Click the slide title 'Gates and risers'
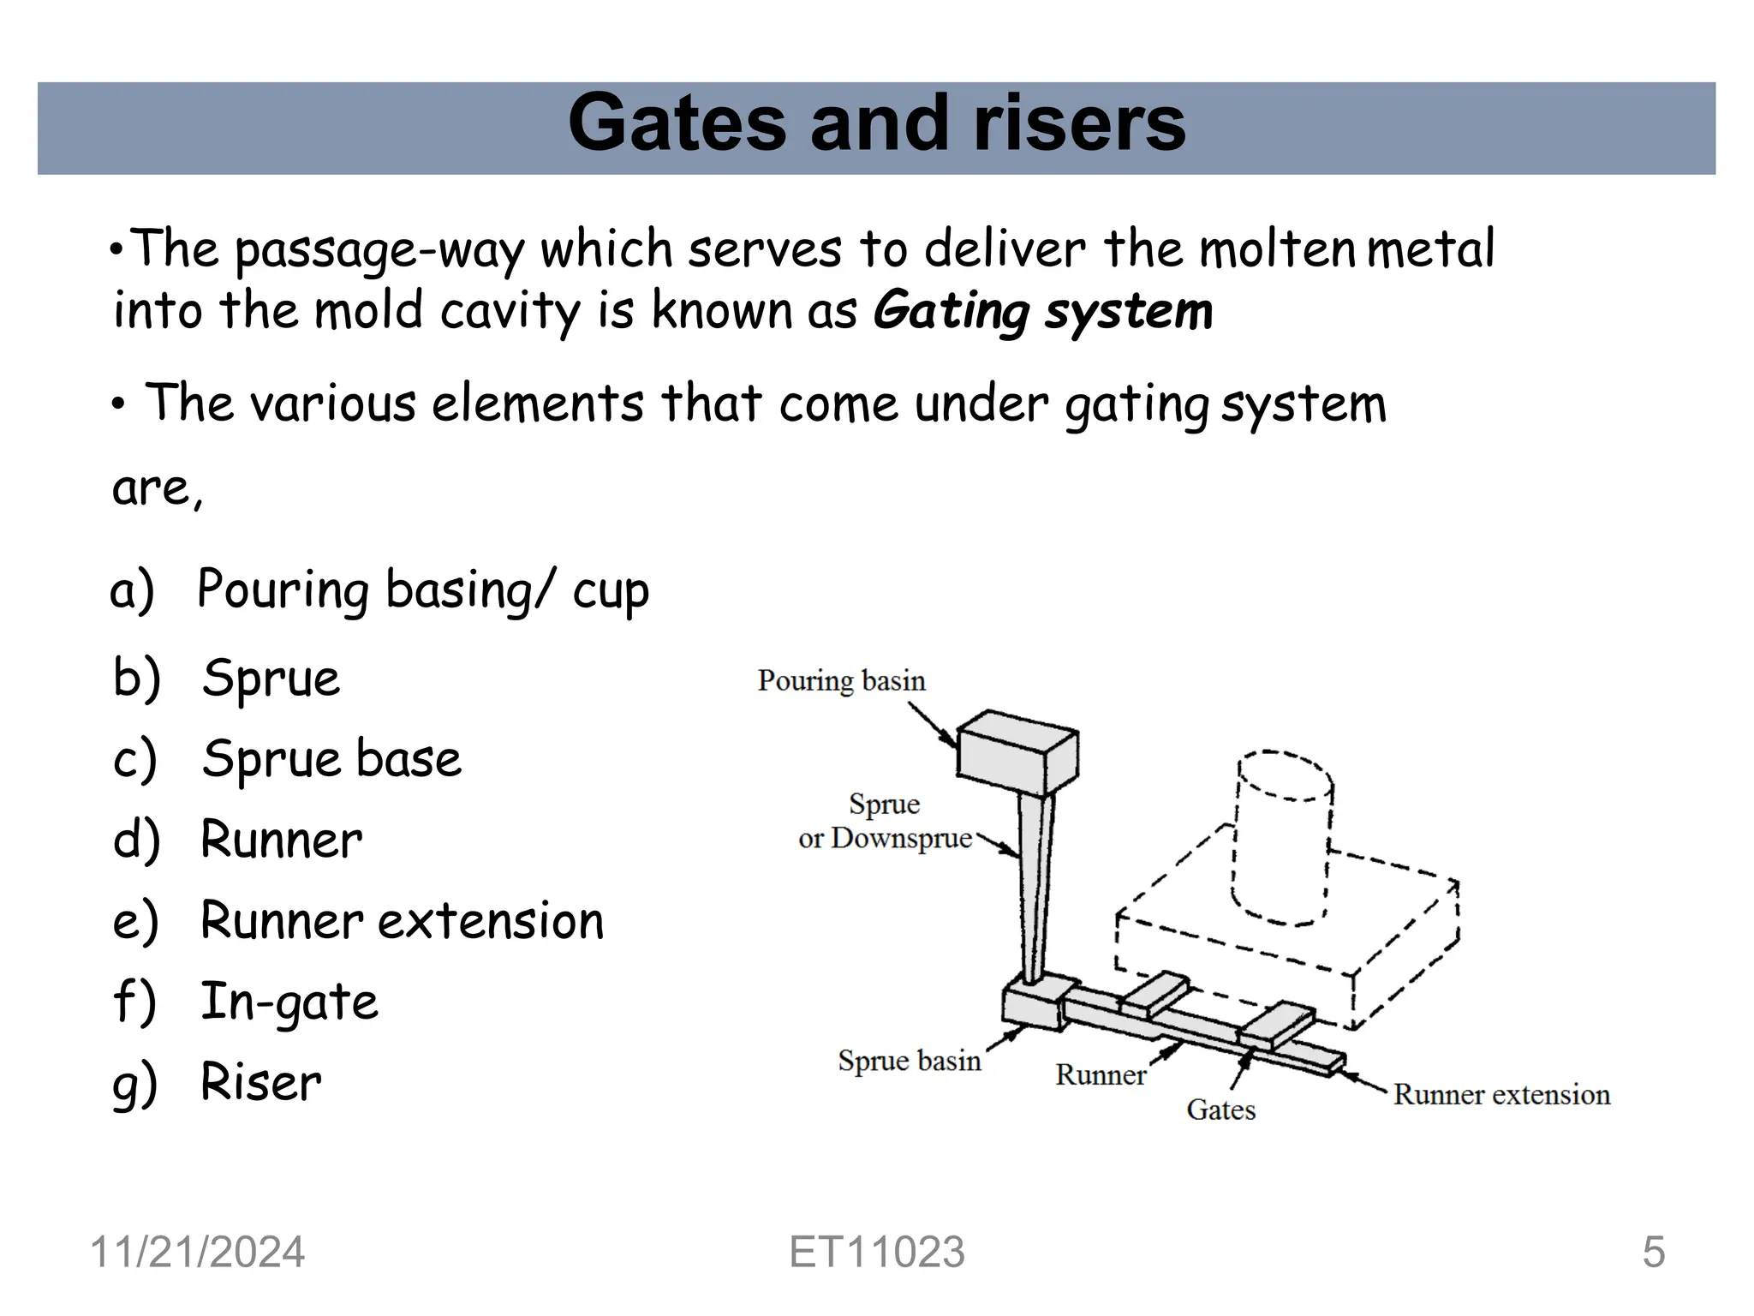[x=876, y=124]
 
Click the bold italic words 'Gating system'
[x=1042, y=310]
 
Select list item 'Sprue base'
[x=331, y=759]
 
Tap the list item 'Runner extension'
[x=401, y=921]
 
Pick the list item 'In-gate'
[x=289, y=1002]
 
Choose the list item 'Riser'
[x=260, y=1082]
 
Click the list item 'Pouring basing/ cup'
[x=422, y=590]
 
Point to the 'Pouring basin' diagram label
[x=841, y=681]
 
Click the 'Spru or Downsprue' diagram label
[x=885, y=822]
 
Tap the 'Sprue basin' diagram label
[x=909, y=1062]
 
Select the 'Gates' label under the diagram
[x=1220, y=1110]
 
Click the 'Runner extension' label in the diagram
[x=1501, y=1095]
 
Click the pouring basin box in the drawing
[x=1017, y=751]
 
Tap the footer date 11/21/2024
[x=197, y=1252]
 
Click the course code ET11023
[x=876, y=1252]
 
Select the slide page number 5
[x=1653, y=1252]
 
